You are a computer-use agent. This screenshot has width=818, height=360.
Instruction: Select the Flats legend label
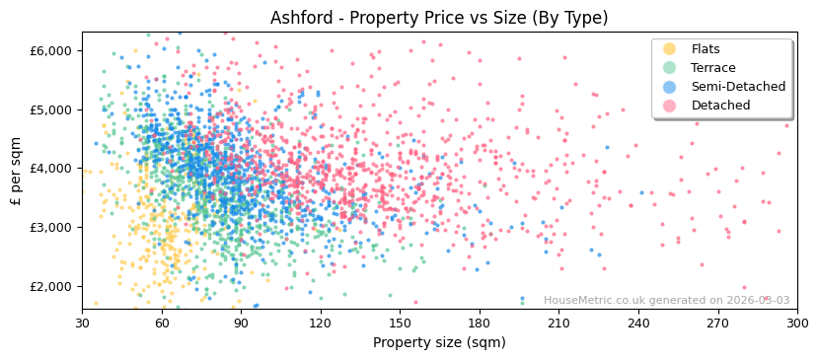click(706, 49)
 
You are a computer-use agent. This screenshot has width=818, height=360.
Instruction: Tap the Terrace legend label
click(713, 68)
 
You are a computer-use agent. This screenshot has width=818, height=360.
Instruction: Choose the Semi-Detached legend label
click(738, 87)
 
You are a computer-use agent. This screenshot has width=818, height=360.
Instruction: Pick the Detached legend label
click(720, 106)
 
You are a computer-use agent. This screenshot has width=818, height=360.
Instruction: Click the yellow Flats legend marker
click(669, 49)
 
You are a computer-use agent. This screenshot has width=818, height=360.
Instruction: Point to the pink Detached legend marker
click(669, 106)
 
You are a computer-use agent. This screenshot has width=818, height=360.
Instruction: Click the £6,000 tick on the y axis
click(51, 50)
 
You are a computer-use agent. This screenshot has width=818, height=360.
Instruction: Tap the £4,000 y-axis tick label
click(51, 169)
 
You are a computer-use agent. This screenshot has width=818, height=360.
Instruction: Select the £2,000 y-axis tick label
click(51, 287)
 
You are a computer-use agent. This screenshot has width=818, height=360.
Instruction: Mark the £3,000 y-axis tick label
click(51, 228)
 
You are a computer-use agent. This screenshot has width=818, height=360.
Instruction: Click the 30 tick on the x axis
click(82, 323)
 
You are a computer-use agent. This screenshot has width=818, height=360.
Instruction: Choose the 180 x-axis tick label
click(480, 323)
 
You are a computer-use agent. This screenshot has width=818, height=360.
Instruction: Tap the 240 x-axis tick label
click(638, 323)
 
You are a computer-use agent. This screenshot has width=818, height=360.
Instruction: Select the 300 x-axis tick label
click(797, 323)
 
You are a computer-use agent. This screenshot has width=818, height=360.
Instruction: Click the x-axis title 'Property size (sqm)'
click(439, 342)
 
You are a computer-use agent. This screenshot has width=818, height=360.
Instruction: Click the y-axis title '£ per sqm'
click(16, 171)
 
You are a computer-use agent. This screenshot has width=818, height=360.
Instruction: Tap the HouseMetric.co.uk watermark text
click(666, 301)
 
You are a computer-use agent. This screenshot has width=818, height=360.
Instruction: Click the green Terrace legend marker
click(669, 68)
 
